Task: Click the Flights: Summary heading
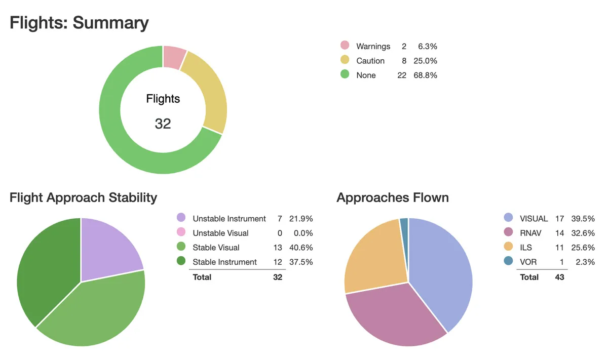coord(79,23)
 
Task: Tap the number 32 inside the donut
coord(163,123)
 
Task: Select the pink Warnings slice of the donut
coord(174,57)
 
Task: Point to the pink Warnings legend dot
coord(345,46)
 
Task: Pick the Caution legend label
coord(370,61)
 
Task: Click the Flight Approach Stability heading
coord(83,197)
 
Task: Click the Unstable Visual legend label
coord(220,233)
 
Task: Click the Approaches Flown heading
coord(392,197)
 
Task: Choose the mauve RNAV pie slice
coord(395,314)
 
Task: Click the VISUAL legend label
coord(534,219)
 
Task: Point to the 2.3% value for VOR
coord(585,262)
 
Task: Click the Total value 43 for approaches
coord(559,277)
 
